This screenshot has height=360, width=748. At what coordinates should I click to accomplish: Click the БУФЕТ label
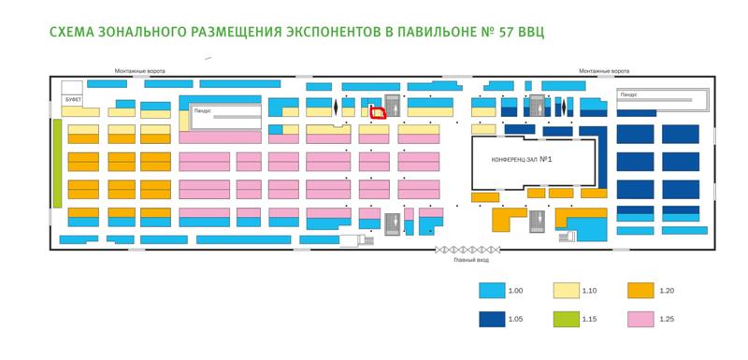(74, 95)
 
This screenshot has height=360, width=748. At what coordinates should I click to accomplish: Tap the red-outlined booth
(378, 112)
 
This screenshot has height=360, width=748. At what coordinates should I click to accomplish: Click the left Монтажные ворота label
(137, 70)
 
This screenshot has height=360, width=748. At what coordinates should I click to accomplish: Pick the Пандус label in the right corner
(628, 94)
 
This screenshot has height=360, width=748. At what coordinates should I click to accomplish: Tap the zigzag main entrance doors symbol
(467, 250)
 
